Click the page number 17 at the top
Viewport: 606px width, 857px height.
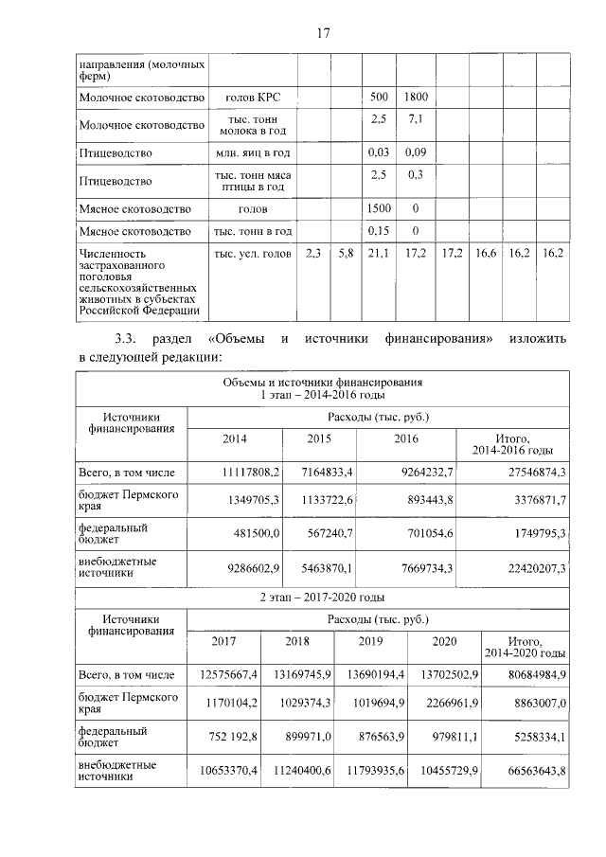pyautogui.click(x=323, y=33)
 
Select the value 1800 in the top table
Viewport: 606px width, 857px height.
pyautogui.click(x=415, y=97)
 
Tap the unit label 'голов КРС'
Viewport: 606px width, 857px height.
pyautogui.click(x=253, y=97)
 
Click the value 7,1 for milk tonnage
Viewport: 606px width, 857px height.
pyautogui.click(x=415, y=119)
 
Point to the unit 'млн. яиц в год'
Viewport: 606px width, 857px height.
pyautogui.click(x=253, y=152)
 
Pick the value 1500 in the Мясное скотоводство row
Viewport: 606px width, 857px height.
pyautogui.click(x=379, y=208)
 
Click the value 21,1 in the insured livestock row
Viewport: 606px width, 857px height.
pyautogui.click(x=379, y=254)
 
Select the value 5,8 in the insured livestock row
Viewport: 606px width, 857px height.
pyautogui.click(x=345, y=254)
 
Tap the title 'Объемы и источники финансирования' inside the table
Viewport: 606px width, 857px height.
pyautogui.click(x=322, y=382)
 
